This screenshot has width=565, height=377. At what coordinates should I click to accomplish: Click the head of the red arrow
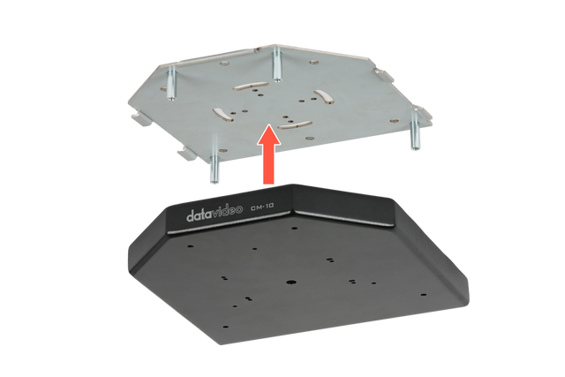point(268,134)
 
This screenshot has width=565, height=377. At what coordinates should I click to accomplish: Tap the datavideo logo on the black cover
point(214,212)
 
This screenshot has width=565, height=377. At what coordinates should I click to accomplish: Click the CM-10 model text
point(262,207)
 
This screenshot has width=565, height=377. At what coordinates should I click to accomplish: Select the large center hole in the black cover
point(290,282)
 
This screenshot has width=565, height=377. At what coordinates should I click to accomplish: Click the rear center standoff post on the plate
point(276,64)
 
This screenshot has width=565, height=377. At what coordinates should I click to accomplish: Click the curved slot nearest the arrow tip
point(295,124)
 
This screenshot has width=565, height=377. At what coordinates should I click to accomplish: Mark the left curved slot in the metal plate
point(222,113)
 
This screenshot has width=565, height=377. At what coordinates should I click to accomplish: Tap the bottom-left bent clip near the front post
point(187,154)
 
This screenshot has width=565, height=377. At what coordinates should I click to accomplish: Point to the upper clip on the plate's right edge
point(382,75)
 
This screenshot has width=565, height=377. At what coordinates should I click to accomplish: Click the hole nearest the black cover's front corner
point(226,327)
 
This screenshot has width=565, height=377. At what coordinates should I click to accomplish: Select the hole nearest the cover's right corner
point(424,295)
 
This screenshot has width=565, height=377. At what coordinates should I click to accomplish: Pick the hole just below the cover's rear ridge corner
point(294,229)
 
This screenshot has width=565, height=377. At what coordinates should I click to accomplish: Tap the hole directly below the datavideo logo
point(190,246)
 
